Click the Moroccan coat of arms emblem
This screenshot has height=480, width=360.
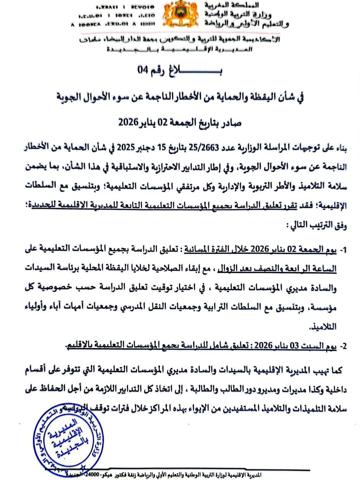[180, 15]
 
